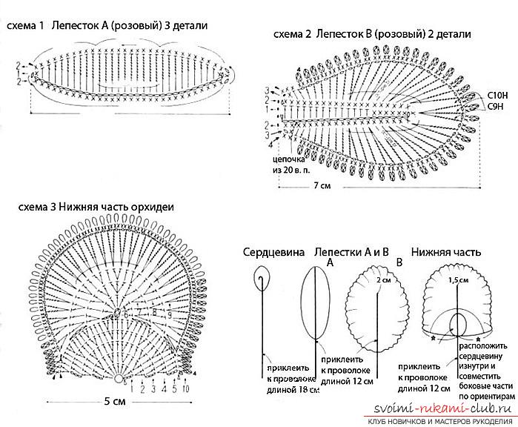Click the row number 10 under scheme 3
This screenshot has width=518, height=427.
185,389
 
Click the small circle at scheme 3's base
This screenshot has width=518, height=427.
118,379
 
